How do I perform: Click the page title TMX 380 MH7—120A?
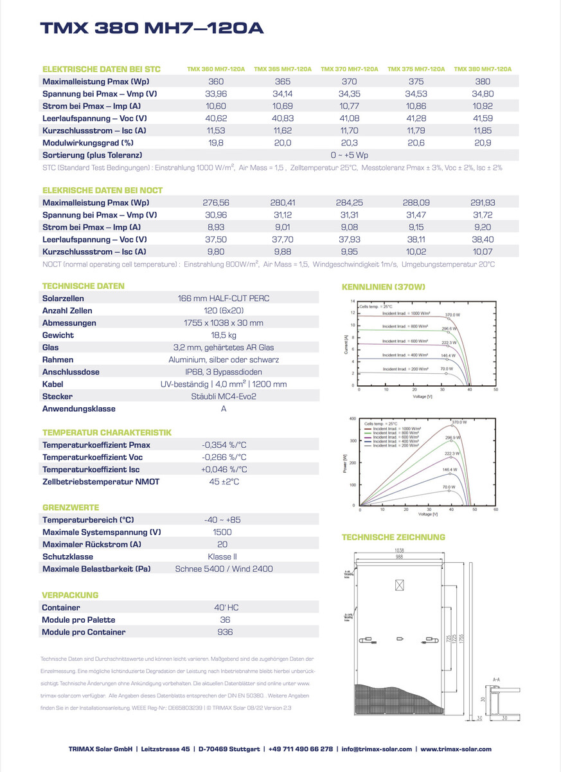(x=152, y=28)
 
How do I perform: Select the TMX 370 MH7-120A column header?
(x=349, y=69)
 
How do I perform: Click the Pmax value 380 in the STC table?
(x=482, y=82)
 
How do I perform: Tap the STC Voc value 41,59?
(x=482, y=118)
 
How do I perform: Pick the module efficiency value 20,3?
(x=349, y=143)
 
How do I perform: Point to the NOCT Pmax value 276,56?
(x=216, y=203)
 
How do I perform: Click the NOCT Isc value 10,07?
(x=482, y=252)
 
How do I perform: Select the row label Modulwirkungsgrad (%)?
(x=88, y=143)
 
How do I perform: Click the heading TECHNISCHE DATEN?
(x=83, y=286)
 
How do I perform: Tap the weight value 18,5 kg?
(x=224, y=335)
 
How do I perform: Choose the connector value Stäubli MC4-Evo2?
(x=224, y=396)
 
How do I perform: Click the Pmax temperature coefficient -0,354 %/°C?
(x=224, y=445)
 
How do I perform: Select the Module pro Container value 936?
(x=224, y=632)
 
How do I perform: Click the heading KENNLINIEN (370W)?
(x=383, y=286)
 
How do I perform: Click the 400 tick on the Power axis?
(x=352, y=419)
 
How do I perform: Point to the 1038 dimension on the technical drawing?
(x=399, y=551)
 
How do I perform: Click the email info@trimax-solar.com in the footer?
(x=376, y=749)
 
